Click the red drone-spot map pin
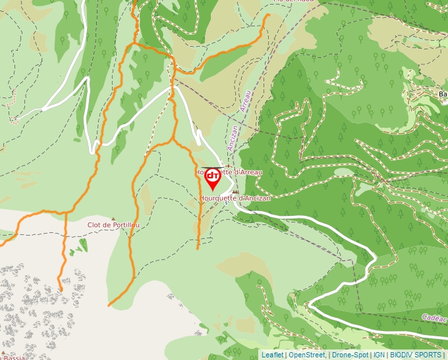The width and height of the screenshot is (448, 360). click(x=213, y=178)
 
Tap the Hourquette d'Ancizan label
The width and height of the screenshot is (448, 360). click(x=235, y=198)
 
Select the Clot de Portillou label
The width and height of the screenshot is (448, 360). click(x=114, y=225)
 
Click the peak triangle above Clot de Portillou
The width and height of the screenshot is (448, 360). click(x=113, y=219)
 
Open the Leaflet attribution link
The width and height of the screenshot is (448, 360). click(x=272, y=355)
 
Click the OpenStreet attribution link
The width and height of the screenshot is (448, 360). click(x=306, y=355)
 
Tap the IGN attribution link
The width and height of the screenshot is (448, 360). click(x=379, y=355)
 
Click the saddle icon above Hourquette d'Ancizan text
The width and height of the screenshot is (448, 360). click(x=235, y=192)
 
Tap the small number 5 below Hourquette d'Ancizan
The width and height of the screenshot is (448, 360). click(x=226, y=203)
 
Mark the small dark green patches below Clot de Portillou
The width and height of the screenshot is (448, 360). click(x=79, y=246)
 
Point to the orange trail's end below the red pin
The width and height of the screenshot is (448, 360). click(x=198, y=247)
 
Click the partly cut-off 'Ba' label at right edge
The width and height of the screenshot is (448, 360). click(x=442, y=94)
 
